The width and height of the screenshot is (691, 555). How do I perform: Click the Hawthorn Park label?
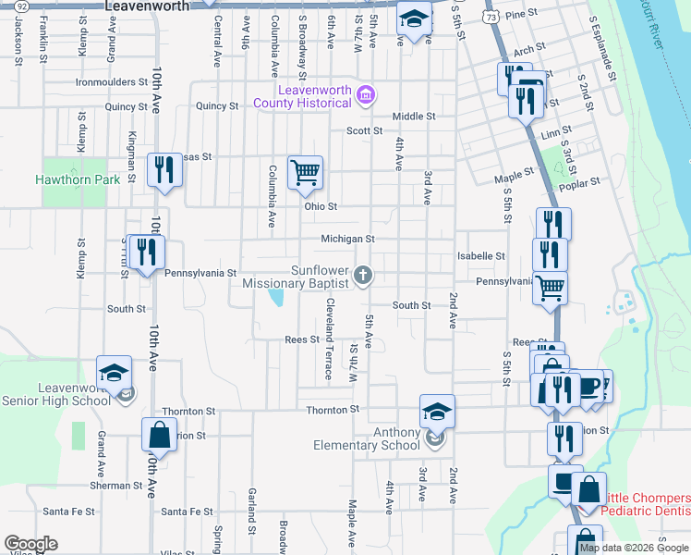click(x=78, y=179)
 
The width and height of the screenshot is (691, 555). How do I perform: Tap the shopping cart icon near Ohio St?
click(x=305, y=173)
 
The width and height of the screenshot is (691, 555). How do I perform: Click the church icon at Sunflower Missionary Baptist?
click(x=364, y=273)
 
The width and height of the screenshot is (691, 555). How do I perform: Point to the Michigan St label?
click(x=346, y=239)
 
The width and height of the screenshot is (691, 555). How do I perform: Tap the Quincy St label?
click(x=126, y=106)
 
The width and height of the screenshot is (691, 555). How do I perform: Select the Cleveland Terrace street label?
click(x=328, y=339)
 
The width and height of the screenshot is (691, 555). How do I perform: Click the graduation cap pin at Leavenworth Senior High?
click(x=115, y=372)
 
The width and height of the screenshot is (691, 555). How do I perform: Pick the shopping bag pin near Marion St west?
click(x=159, y=434)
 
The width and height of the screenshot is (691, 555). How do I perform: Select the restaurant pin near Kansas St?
click(x=164, y=169)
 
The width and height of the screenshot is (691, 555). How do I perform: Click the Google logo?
click(x=30, y=544)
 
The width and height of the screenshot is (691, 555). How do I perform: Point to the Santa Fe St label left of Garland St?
click(x=187, y=511)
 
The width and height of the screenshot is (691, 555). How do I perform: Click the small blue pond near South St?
click(x=276, y=298)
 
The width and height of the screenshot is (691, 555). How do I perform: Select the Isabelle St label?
click(x=480, y=256)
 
